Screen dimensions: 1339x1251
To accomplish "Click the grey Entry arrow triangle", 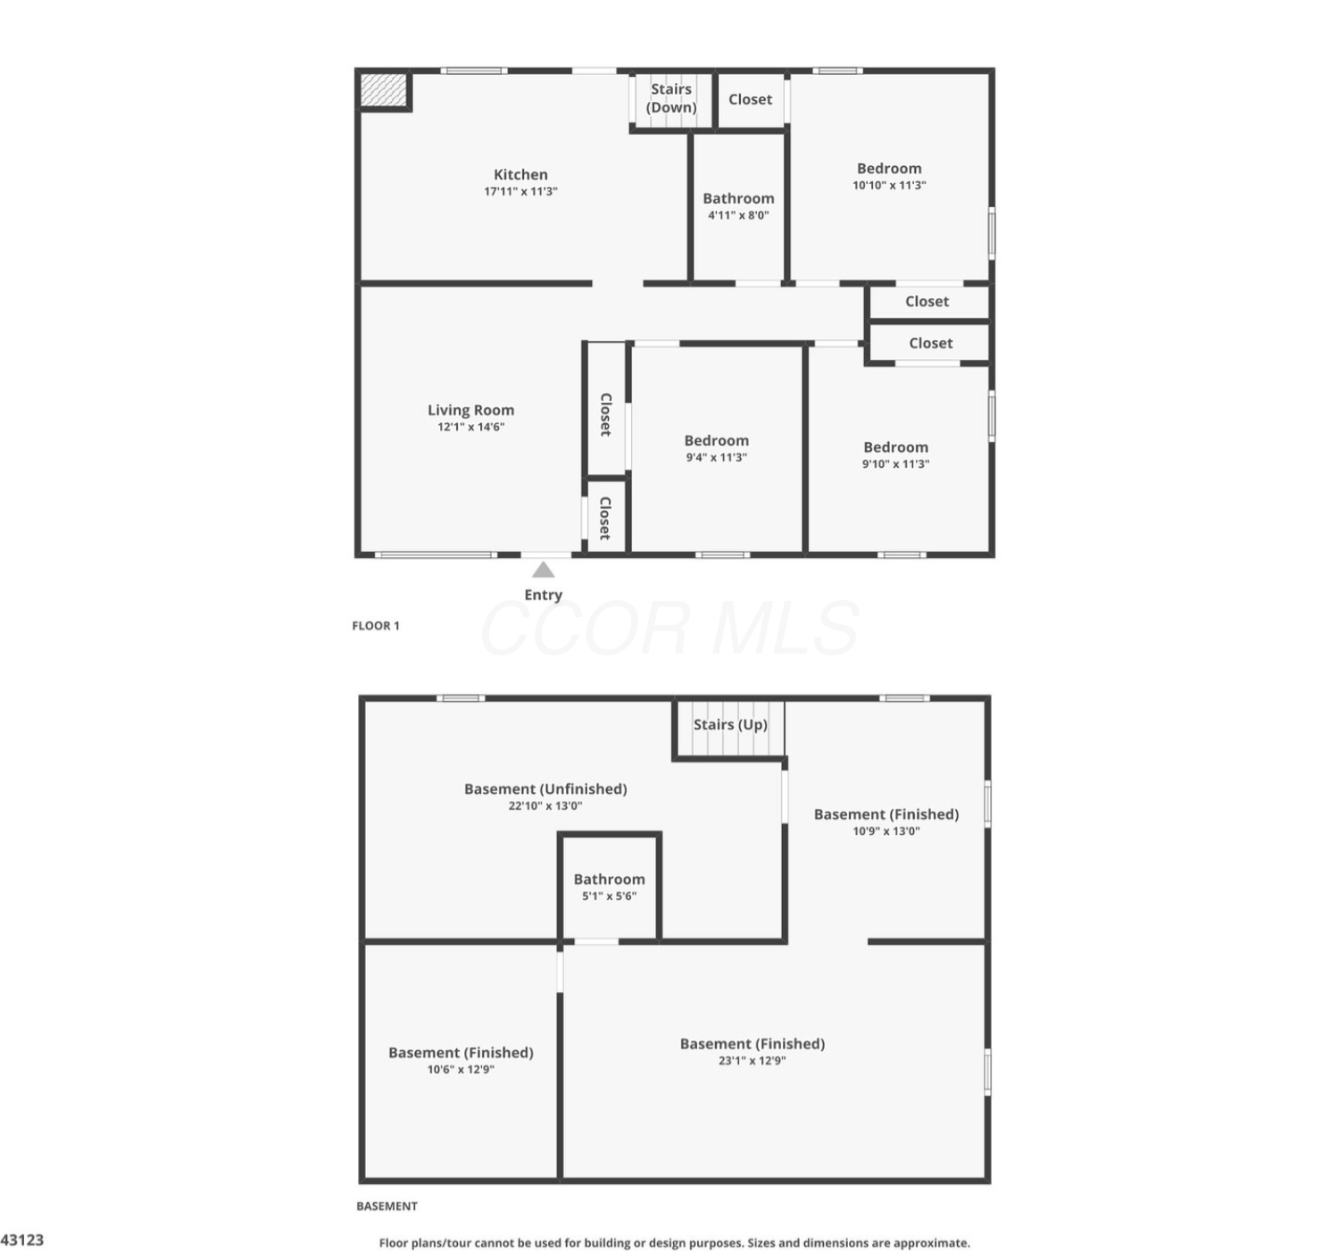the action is point(543,571).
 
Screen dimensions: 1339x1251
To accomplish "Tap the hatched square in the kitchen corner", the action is point(383,90).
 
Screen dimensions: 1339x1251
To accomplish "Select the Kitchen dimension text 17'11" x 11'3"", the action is point(520,192).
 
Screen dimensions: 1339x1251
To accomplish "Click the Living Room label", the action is point(470,410).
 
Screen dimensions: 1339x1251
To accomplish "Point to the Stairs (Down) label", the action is point(671,98).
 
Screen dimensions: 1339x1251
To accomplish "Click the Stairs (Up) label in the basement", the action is point(730,725).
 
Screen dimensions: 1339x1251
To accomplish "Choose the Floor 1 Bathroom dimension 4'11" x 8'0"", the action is point(738,216).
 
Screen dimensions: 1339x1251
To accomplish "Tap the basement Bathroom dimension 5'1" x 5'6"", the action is point(609,897).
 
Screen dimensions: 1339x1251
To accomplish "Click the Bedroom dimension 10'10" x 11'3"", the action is point(889,186).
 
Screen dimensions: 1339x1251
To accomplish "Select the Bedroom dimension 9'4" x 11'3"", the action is point(716,457).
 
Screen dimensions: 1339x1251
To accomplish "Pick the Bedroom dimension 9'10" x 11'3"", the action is point(895,464).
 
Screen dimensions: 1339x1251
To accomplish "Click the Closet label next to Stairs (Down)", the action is point(750,99).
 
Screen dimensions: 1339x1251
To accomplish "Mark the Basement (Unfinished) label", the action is point(545,788).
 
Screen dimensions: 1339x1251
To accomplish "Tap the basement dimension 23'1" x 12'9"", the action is point(752,1061).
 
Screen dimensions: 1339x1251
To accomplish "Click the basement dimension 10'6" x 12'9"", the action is point(461,1070).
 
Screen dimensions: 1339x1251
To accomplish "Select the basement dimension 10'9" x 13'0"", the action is point(886,831).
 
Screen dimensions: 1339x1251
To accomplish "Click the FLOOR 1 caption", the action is point(376,625).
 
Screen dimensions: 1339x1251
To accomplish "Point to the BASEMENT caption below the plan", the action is point(387,1205).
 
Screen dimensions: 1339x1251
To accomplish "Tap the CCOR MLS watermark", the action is point(669,629).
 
